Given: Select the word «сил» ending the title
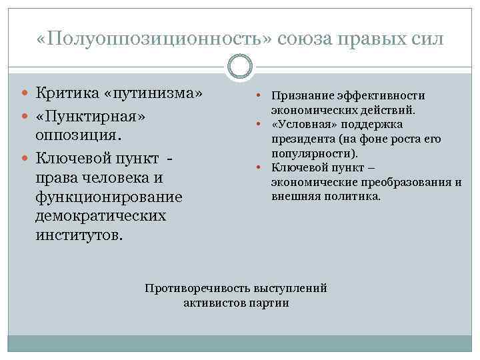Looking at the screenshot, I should [x=424, y=38].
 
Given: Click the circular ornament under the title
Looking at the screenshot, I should [x=240, y=67].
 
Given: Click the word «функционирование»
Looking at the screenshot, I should [x=109, y=199].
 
